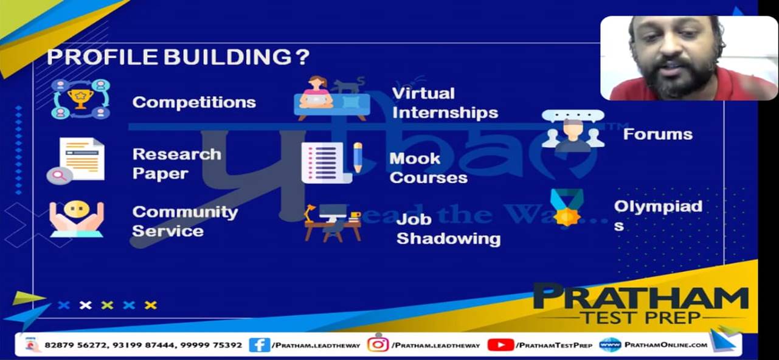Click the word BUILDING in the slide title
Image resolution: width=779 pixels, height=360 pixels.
point(228,57)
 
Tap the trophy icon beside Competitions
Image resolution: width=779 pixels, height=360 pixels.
point(80,99)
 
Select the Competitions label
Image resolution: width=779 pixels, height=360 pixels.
point(194,102)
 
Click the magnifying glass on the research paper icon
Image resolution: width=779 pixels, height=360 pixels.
point(60,175)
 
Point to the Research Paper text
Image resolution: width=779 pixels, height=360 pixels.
point(177,164)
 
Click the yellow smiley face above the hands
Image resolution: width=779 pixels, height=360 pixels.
point(77,209)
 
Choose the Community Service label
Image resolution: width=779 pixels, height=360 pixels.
point(185,221)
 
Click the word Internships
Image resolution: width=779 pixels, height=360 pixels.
point(445,112)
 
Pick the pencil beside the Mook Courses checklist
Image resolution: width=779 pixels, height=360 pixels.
point(358,157)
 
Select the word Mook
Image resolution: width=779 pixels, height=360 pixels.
point(415,159)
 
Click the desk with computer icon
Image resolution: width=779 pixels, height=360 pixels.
point(332,223)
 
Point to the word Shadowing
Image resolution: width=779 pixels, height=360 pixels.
point(448,238)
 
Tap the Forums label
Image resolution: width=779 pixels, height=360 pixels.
point(657,134)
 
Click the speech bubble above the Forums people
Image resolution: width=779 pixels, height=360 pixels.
point(573,116)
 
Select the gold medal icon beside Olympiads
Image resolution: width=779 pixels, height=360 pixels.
point(567,207)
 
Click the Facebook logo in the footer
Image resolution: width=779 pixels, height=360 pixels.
point(260,345)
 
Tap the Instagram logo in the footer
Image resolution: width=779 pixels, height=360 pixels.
point(378,345)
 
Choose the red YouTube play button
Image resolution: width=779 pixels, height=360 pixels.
point(500,345)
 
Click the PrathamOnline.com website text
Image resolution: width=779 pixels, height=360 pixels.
point(666,345)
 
